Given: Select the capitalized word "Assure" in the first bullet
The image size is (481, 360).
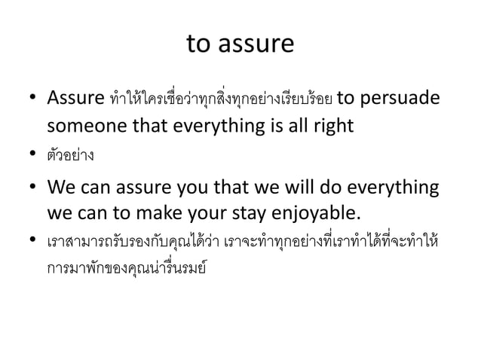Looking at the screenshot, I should (x=75, y=99).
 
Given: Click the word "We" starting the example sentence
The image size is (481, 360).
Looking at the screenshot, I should (x=61, y=185).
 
